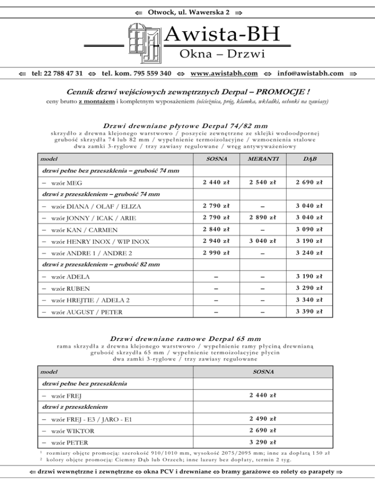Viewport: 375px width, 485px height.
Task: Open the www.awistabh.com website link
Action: [x=224, y=73]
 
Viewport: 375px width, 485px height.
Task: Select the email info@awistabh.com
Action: [x=310, y=73]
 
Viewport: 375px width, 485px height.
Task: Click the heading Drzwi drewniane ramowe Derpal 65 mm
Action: [x=187, y=338]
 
